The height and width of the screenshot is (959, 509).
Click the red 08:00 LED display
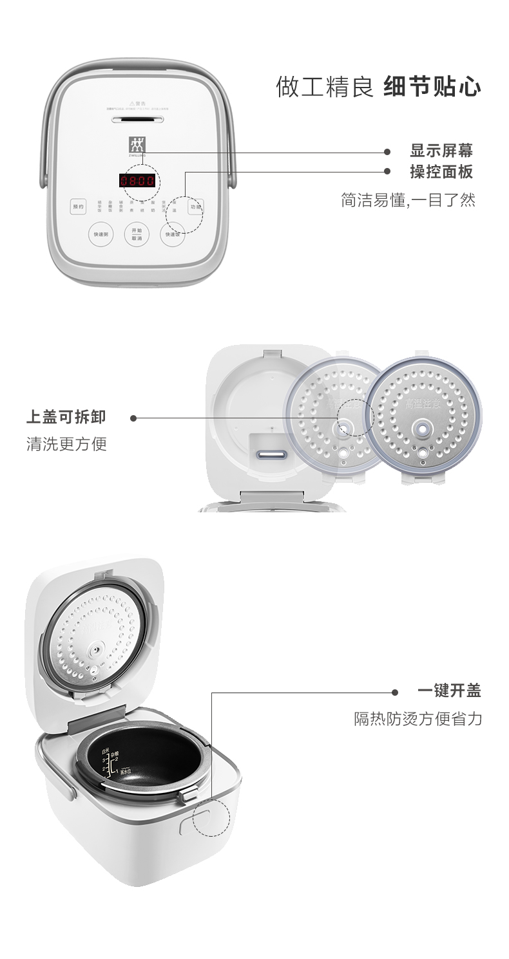[137, 181]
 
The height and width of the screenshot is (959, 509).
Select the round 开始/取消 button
[137, 234]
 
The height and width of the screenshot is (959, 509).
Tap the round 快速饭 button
[173, 234]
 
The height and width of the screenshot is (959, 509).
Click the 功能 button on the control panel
[196, 207]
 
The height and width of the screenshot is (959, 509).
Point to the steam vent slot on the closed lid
[137, 119]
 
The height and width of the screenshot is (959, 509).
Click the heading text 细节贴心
[432, 87]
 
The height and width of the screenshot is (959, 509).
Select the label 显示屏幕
[441, 151]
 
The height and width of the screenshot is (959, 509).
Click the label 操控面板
[441, 172]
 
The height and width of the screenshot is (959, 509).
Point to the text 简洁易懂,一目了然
[408, 200]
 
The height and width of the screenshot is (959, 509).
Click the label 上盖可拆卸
[66, 417]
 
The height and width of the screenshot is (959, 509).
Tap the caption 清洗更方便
[66, 443]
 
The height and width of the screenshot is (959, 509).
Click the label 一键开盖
[449, 691]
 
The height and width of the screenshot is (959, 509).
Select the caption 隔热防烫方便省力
[418, 718]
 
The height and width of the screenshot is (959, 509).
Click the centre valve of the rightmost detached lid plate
[422, 427]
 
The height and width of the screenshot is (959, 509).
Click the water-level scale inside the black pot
[111, 763]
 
